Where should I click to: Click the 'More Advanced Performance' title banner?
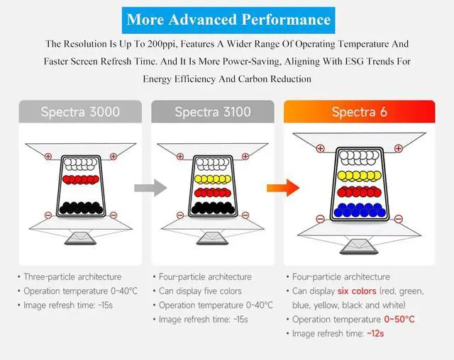coord(228,19)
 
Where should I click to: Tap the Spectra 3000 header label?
coord(80,112)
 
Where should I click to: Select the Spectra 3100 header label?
coord(212,112)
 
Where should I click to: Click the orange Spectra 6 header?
coord(360,112)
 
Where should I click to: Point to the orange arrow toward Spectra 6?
coord(281,188)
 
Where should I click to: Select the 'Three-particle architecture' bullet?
coord(72,277)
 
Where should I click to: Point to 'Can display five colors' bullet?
coord(201,291)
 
